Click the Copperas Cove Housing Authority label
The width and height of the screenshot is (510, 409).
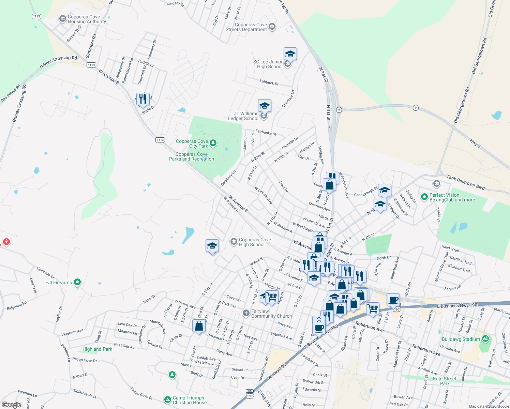87,19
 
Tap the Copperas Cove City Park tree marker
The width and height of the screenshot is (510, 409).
213,143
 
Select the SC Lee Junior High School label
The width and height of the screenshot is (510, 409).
268,64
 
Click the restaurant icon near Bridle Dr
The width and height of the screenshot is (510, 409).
143,99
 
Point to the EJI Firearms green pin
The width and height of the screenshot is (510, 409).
77,282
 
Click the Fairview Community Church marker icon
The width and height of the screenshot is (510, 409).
246,313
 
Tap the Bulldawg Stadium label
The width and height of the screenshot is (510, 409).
461,339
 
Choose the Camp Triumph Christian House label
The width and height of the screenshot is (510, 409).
190,400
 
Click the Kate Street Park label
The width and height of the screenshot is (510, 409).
445,381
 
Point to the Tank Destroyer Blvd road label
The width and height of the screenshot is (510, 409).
465,182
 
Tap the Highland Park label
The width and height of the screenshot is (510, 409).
97,349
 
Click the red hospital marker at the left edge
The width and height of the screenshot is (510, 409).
6,242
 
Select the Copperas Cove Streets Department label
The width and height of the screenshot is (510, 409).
246,27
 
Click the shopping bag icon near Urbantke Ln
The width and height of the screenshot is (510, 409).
199,326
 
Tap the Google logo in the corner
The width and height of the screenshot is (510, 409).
11,405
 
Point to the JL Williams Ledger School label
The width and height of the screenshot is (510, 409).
243,116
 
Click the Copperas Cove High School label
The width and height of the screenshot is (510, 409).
255,242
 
